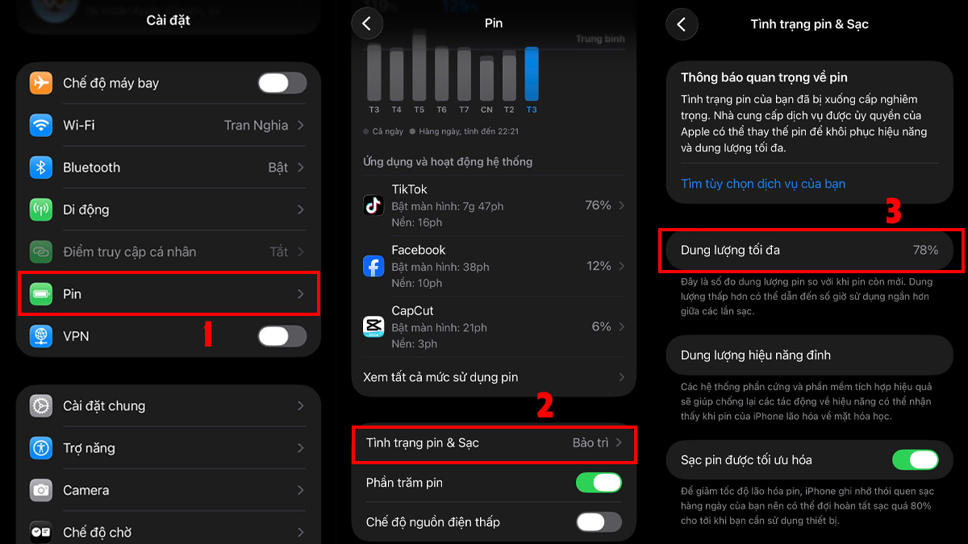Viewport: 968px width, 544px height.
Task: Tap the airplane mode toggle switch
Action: [x=282, y=83]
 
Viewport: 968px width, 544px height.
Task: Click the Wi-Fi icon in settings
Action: [x=41, y=125]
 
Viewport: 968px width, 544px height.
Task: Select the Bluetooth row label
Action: [x=91, y=168]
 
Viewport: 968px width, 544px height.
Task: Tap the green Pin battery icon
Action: [x=41, y=294]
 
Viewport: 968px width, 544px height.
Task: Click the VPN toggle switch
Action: [x=282, y=336]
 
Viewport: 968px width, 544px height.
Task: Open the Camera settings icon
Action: [x=41, y=490]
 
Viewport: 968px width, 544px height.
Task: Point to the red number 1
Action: [x=207, y=334]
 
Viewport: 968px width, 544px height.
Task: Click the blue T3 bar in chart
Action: [x=532, y=73]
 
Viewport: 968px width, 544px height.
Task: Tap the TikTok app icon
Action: [x=373, y=206]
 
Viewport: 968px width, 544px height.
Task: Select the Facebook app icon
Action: [x=373, y=266]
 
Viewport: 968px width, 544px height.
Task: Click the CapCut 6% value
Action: [x=601, y=326]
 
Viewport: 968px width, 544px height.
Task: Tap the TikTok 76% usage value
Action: [x=598, y=206]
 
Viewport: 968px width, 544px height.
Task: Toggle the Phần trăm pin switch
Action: [x=599, y=483]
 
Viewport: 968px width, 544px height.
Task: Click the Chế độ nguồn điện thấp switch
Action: [x=599, y=522]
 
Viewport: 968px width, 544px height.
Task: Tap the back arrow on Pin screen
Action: [x=367, y=24]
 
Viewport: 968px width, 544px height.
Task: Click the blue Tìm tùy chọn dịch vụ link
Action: [x=762, y=184]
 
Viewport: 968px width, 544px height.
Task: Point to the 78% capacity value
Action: [x=925, y=251]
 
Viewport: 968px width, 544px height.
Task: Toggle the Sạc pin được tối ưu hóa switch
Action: [x=915, y=460]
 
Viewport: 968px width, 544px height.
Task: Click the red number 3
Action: [x=893, y=211]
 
